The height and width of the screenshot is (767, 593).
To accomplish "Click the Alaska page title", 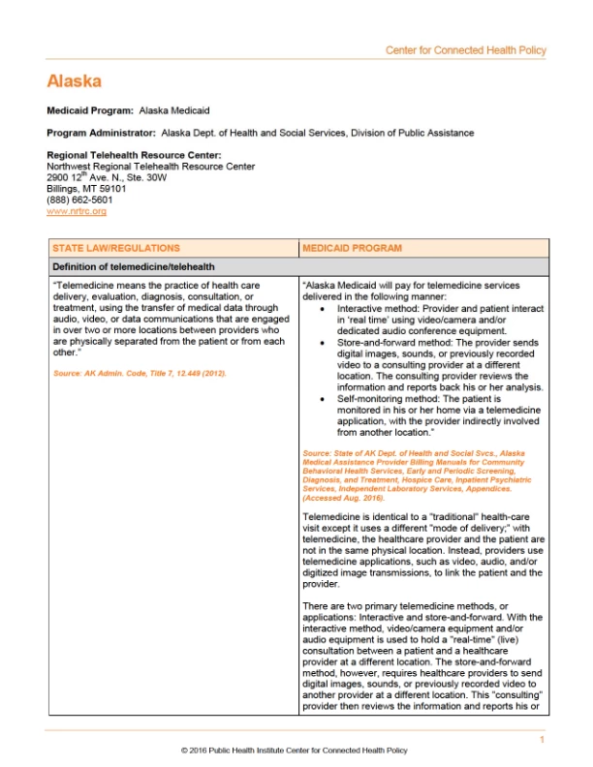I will tap(74, 81).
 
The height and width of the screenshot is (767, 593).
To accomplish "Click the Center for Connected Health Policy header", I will tap(466, 50).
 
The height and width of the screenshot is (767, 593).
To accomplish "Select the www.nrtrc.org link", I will tap(77, 211).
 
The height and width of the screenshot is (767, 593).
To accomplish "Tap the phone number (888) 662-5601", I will tap(78, 200).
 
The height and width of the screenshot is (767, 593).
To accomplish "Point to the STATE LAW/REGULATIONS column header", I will tap(115, 248).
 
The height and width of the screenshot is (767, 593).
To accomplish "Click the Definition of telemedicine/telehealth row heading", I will tap(134, 266).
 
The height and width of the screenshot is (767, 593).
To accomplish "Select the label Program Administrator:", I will tap(101, 133).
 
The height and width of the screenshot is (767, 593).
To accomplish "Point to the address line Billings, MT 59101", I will tap(86, 189).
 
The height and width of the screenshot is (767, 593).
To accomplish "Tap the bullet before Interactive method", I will tap(323, 306).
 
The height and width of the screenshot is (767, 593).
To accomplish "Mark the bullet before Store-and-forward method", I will tap(323, 342).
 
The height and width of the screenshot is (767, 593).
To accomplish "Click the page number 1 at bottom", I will tap(543, 740).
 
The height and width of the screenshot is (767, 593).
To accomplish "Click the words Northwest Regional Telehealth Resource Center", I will tap(151, 167).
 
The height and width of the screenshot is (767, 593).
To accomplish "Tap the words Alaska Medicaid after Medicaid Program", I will tap(174, 111).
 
